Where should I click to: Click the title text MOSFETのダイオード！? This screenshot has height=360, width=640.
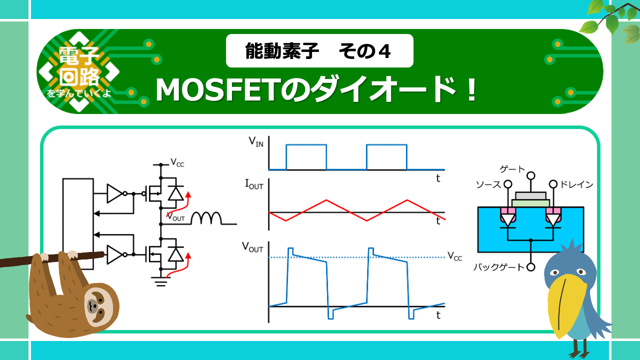click(315, 89)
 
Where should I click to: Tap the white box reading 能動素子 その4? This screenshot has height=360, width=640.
click(319, 51)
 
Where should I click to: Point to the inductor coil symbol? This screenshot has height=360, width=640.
click(206, 218)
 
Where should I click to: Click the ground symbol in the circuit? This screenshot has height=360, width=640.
click(160, 281)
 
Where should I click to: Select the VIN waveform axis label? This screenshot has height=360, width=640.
click(256, 142)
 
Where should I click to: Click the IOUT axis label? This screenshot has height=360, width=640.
click(254, 184)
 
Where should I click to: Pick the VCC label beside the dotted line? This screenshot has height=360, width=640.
click(454, 256)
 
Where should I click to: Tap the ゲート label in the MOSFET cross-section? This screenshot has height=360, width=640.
click(512, 169)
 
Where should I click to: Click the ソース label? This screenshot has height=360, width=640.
click(488, 184)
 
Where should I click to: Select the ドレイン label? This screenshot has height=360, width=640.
click(576, 184)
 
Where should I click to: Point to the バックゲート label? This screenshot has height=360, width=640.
click(499, 267)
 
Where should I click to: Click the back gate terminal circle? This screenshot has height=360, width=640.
click(531, 267)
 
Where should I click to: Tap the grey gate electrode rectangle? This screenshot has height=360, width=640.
click(531, 195)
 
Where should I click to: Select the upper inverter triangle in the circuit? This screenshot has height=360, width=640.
click(114, 193)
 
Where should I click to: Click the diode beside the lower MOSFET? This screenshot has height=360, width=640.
click(175, 254)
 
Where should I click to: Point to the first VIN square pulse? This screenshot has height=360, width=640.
click(306, 157)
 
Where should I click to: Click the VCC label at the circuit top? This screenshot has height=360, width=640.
click(177, 162)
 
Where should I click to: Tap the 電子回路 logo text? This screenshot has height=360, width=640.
click(79, 66)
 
